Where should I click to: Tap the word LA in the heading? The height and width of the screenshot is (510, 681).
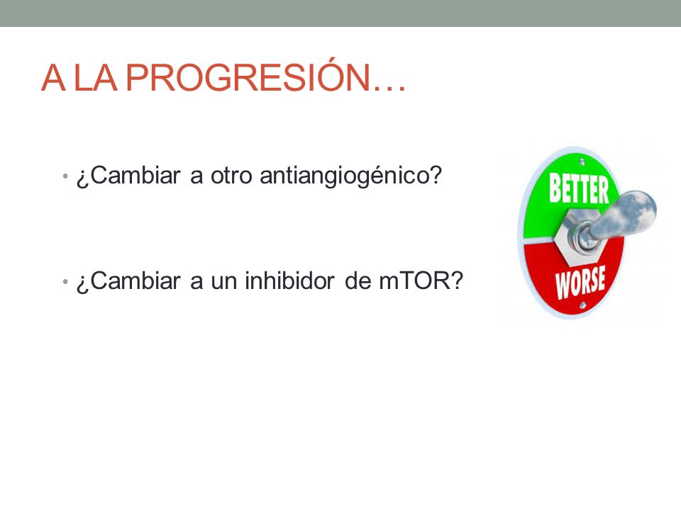click(x=96, y=78)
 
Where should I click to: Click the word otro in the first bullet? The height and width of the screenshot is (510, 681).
click(x=231, y=176)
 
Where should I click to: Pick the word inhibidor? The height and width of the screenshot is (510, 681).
click(x=289, y=280)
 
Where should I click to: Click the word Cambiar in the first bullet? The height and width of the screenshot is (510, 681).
click(x=135, y=176)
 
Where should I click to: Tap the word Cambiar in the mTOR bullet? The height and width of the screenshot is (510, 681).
click(x=135, y=280)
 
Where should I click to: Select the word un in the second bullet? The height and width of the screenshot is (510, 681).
click(x=223, y=283)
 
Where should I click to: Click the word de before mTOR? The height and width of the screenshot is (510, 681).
click(x=358, y=280)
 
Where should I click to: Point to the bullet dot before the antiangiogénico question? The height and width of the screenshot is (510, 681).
click(x=65, y=176)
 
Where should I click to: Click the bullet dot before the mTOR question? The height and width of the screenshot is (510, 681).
click(x=65, y=282)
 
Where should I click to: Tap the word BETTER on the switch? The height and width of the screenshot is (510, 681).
click(x=579, y=188)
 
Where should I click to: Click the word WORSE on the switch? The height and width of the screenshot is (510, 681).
click(x=581, y=282)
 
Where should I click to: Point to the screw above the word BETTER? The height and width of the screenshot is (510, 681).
click(x=582, y=161)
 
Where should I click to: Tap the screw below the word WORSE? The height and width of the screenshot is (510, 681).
click(x=583, y=306)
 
